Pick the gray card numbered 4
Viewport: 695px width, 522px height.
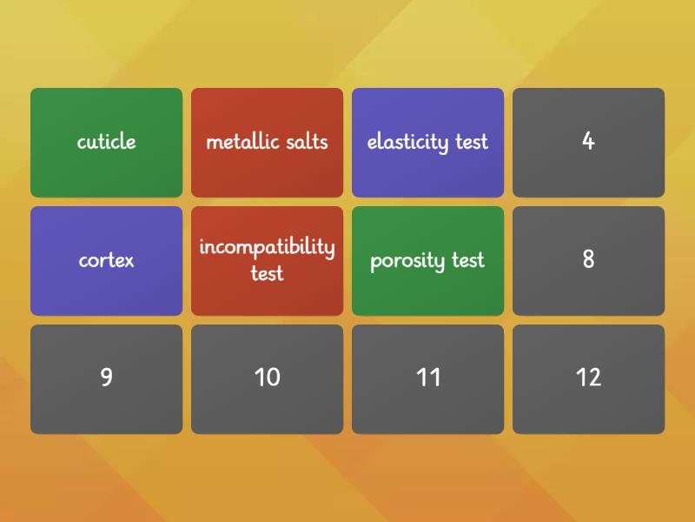[x=588, y=142]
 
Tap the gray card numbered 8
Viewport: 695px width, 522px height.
[x=588, y=260]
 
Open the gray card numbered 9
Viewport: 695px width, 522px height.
[x=106, y=378]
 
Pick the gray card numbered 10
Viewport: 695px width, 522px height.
[x=267, y=378]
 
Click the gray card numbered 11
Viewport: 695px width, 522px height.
[x=427, y=378]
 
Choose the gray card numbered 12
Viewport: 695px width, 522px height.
[x=588, y=378]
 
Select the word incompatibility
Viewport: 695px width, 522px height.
[x=267, y=247]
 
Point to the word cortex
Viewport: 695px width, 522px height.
[x=106, y=260]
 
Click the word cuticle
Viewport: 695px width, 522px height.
[x=106, y=142]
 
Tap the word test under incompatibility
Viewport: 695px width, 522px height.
[x=267, y=273]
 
